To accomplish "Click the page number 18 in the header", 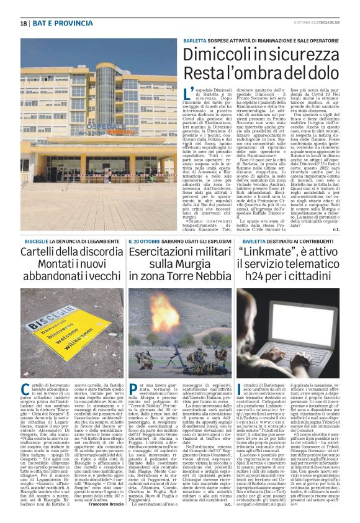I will (x=23, y=24).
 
